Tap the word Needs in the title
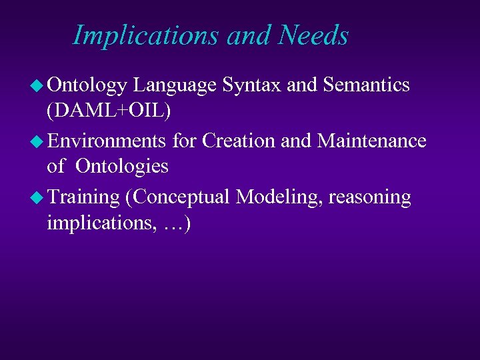point(313,35)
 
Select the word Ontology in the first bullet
point(87,86)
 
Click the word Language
point(174,86)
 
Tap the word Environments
point(107,141)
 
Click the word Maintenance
point(372,141)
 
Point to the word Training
point(83,197)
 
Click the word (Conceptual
point(177,197)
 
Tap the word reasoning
point(370,197)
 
